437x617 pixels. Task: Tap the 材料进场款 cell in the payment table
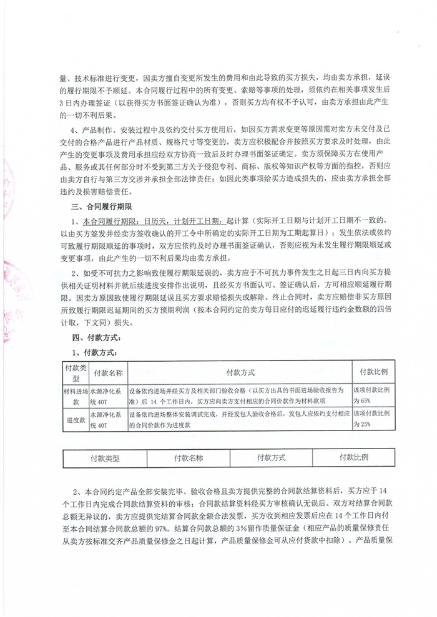76,394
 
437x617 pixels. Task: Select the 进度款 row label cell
76,420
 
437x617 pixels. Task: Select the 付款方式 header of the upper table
240,372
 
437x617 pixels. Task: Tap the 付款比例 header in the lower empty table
353,457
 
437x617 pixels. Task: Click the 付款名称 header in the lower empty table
187,457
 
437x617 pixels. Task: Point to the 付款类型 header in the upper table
76,372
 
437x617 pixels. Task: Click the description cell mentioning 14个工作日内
240,394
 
